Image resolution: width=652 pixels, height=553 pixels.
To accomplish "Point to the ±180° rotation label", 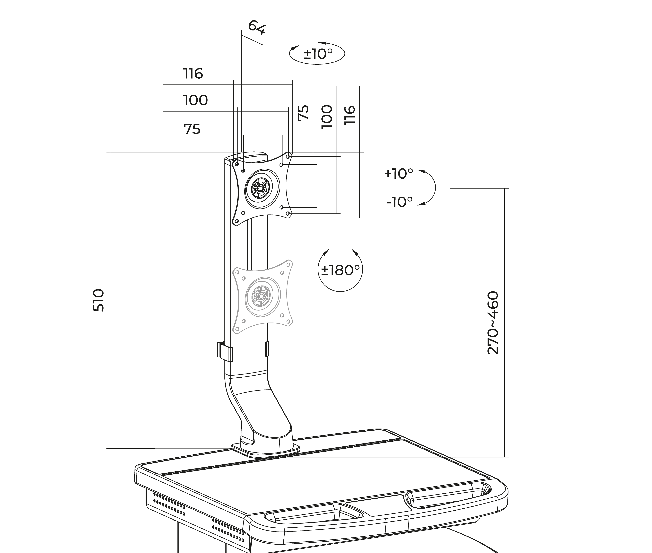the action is click(x=340, y=270).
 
